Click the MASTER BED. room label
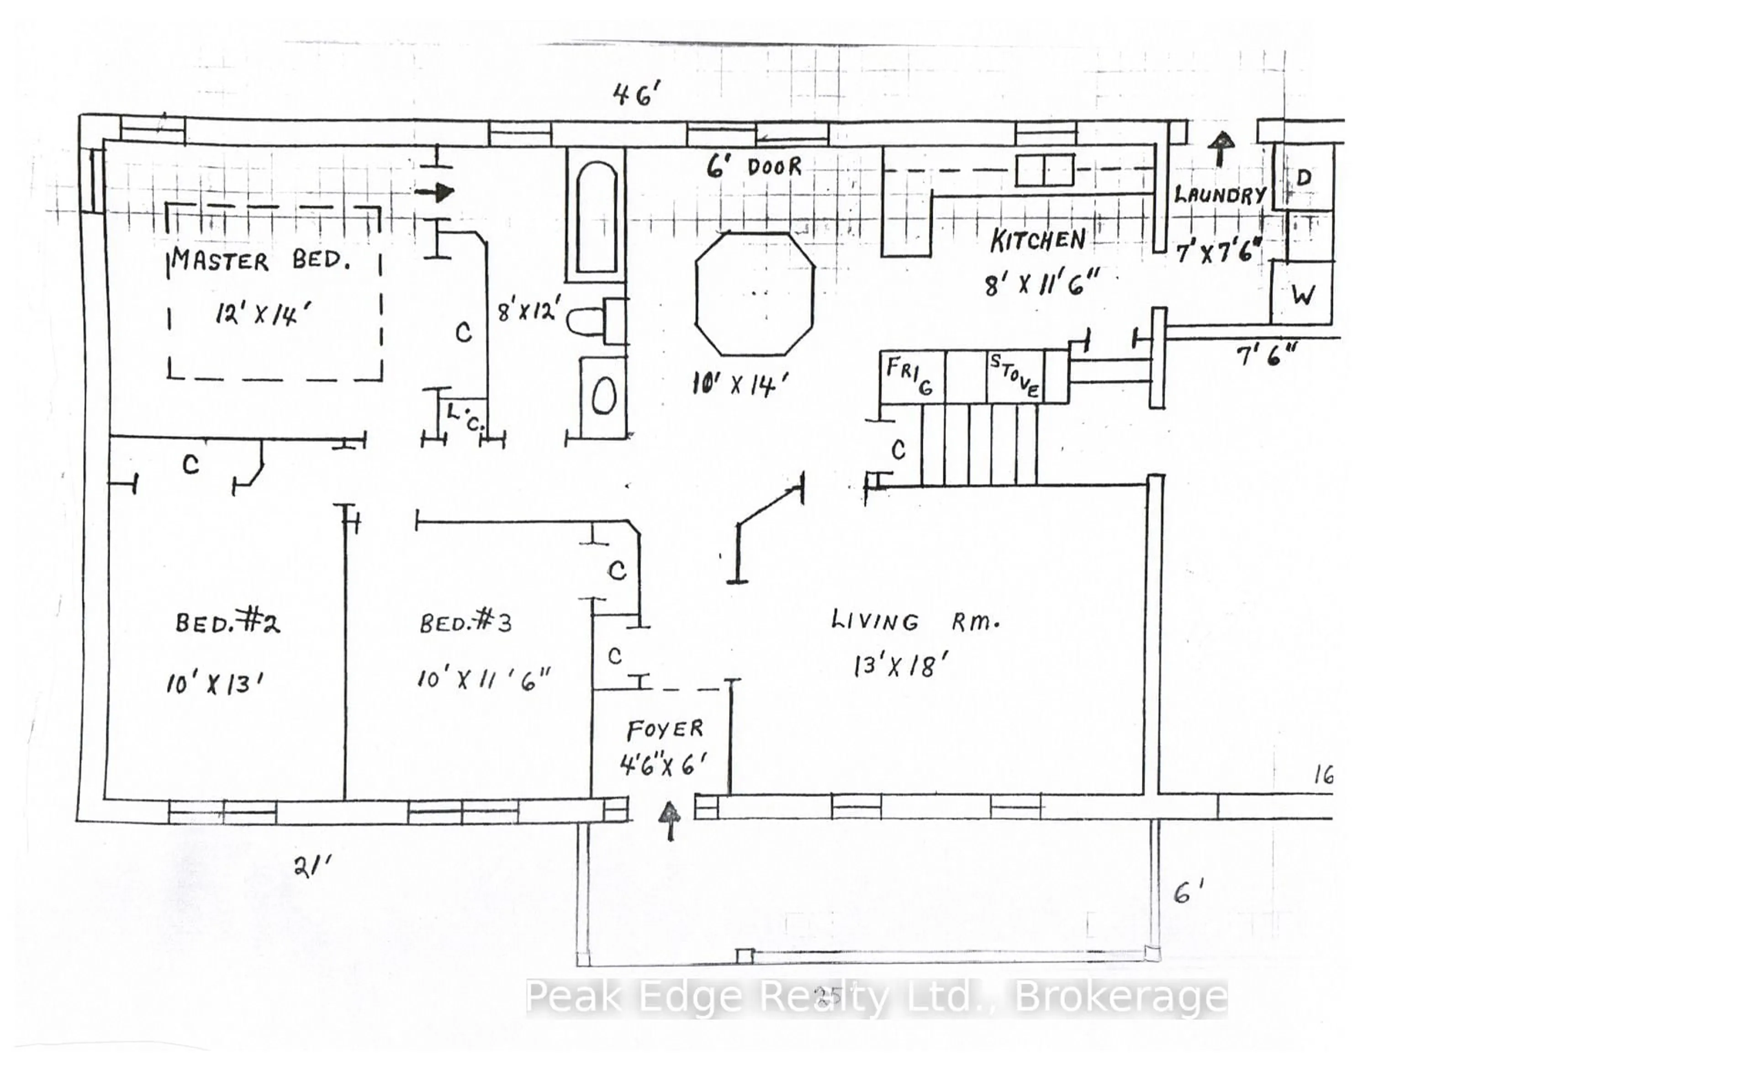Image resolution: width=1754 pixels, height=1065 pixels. pyautogui.click(x=260, y=261)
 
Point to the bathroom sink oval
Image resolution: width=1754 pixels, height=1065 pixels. pyautogui.click(x=604, y=396)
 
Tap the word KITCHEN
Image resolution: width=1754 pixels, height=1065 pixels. pyautogui.click(x=1038, y=241)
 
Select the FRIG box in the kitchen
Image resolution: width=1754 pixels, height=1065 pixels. pyautogui.click(x=911, y=376)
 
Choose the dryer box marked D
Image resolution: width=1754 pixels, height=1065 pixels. pyautogui.click(x=1304, y=177)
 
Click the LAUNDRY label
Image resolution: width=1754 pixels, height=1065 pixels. pyautogui.click(x=1220, y=195)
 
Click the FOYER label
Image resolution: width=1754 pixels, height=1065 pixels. pyautogui.click(x=665, y=729)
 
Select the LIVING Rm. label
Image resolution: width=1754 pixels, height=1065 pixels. pyautogui.click(x=915, y=622)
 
